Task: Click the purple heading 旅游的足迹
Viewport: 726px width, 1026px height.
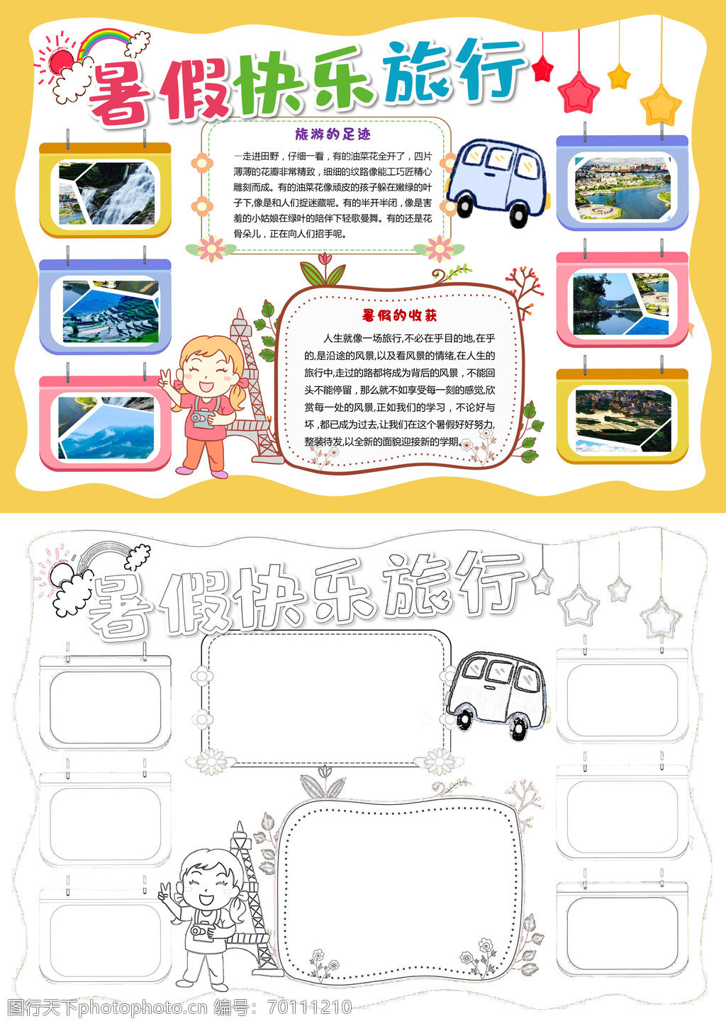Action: click(333, 134)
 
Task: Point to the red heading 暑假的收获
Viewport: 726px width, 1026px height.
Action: click(399, 315)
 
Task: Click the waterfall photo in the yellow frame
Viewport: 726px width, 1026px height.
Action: click(106, 193)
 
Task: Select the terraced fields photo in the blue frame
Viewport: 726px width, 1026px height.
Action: click(111, 311)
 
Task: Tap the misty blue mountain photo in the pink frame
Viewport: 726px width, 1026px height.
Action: click(106, 428)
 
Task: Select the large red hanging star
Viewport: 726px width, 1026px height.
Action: click(579, 93)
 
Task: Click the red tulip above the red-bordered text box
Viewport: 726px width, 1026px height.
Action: click(325, 259)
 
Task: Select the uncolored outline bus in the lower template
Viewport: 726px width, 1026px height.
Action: click(498, 694)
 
